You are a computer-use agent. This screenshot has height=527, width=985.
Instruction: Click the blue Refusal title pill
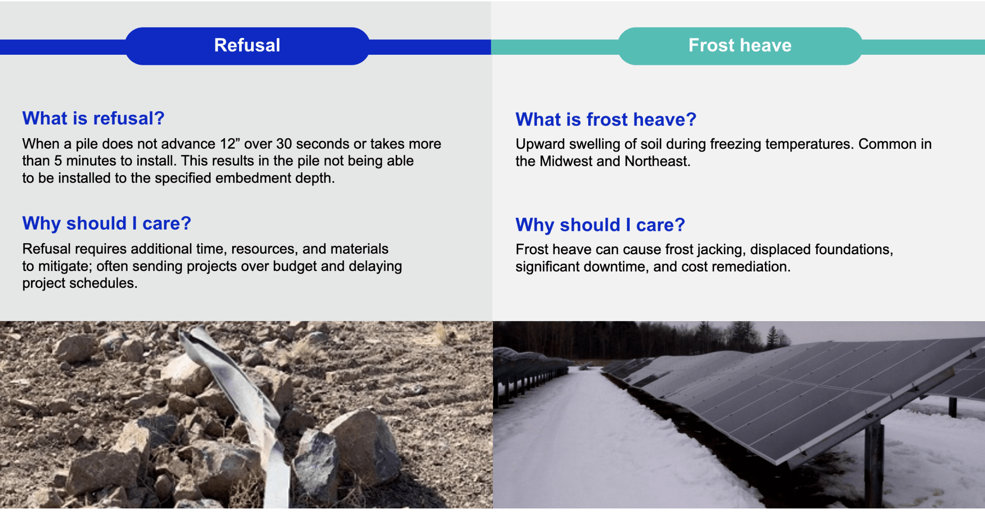tap(247, 46)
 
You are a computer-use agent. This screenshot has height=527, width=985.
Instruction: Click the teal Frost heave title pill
tap(740, 46)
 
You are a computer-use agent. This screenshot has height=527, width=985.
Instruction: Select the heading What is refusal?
tap(94, 118)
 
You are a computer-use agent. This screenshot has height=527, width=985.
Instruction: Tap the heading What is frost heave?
tap(606, 120)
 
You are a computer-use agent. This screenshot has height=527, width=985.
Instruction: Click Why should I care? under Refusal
tap(107, 224)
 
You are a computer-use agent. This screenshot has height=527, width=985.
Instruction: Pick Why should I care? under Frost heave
tap(600, 225)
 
